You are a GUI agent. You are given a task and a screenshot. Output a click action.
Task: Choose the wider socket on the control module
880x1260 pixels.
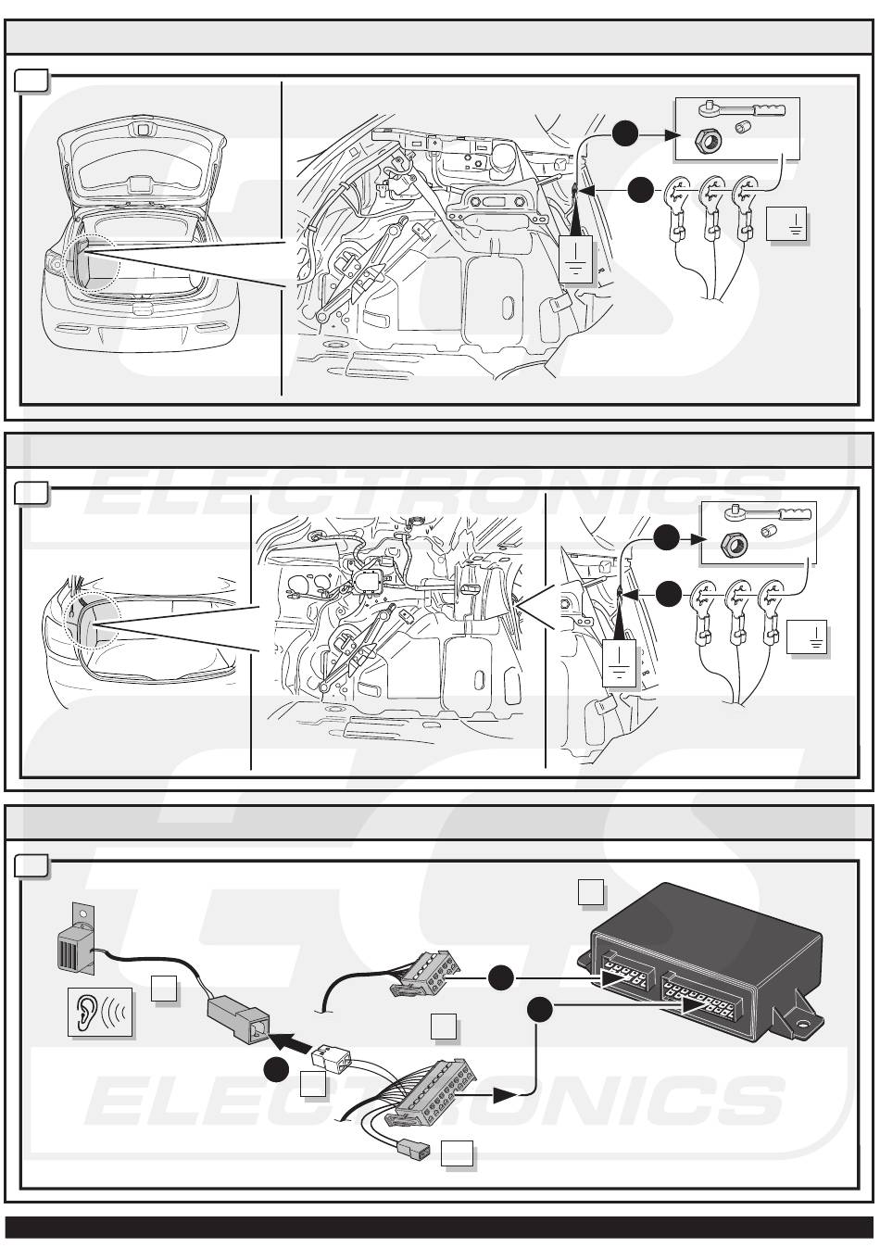click(x=705, y=1002)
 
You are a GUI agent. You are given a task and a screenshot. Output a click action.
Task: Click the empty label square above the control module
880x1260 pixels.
click(x=591, y=892)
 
